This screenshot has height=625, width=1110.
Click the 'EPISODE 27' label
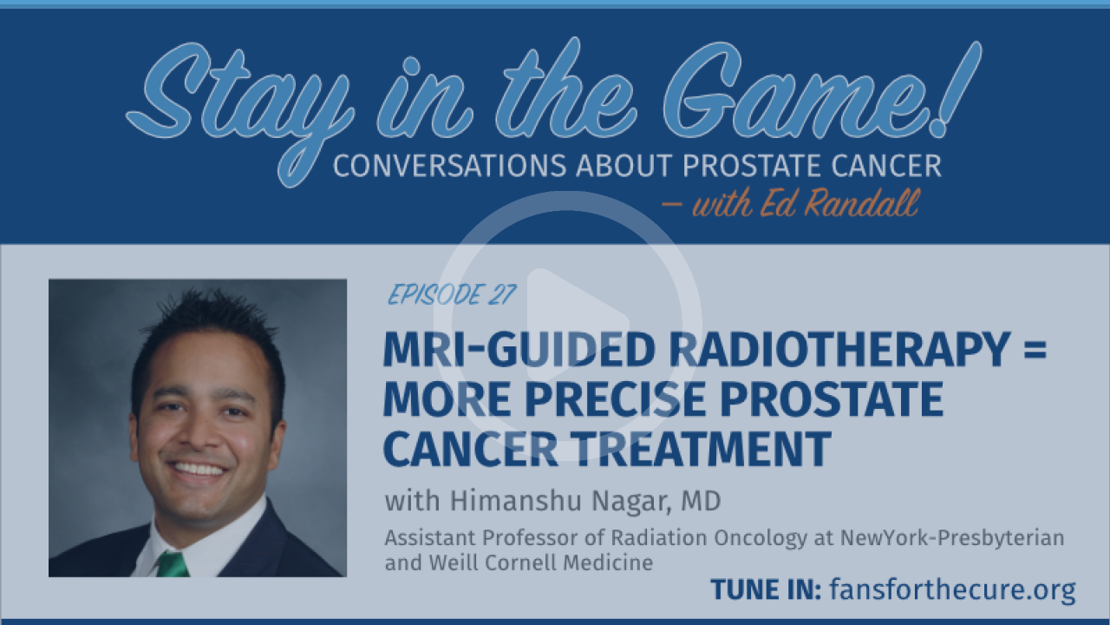click(x=452, y=294)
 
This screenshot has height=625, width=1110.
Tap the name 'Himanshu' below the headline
click(x=515, y=501)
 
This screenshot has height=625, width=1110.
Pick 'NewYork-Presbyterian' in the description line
click(x=952, y=537)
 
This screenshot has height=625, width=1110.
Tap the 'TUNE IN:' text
click(x=766, y=589)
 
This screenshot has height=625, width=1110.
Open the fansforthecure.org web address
click(x=952, y=590)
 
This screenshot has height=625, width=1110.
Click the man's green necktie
click(x=173, y=565)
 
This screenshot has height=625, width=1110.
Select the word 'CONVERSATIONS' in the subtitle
click(x=449, y=166)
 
